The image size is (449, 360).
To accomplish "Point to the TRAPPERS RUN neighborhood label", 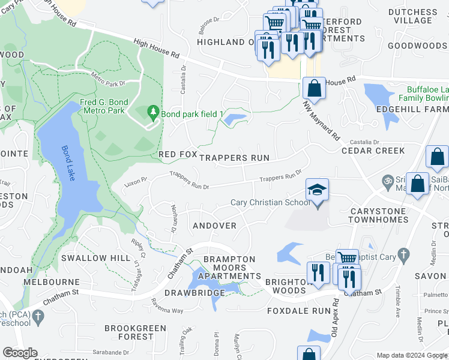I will coord(234,158).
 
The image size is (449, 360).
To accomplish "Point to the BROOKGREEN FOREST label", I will coord(128,332).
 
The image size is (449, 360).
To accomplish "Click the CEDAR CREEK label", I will coord(373,151).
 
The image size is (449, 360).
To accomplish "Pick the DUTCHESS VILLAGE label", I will coord(413,16).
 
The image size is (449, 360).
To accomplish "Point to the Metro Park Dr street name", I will coord(107,79).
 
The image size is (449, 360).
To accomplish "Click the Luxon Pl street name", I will coord(136,180).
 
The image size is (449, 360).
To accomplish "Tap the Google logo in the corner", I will coord(20,353).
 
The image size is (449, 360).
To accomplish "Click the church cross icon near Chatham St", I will coord(38,315).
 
